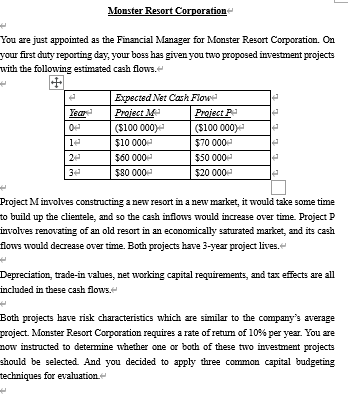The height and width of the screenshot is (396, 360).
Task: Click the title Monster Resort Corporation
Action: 180,10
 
